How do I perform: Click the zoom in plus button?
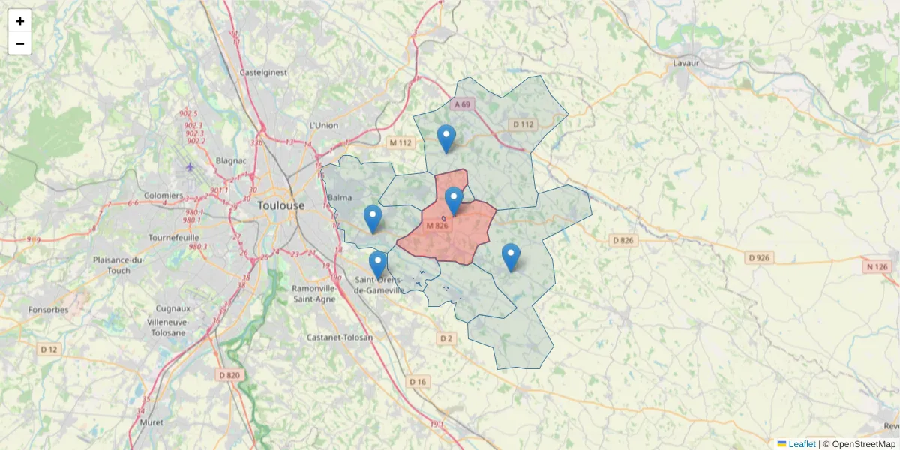tap(20, 21)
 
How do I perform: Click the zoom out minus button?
tap(20, 43)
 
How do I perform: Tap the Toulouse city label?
tap(281, 205)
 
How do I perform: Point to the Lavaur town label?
tap(685, 63)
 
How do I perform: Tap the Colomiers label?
tap(164, 196)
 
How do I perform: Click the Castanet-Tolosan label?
tap(339, 337)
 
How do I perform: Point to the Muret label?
tap(151, 422)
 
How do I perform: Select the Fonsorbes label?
tap(47, 309)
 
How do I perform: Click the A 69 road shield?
tap(462, 104)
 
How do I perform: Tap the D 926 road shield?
tap(759, 258)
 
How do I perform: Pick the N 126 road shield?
tap(875, 267)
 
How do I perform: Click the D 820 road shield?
tap(230, 375)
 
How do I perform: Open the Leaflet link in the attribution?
tap(801, 444)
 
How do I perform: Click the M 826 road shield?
tap(436, 226)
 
